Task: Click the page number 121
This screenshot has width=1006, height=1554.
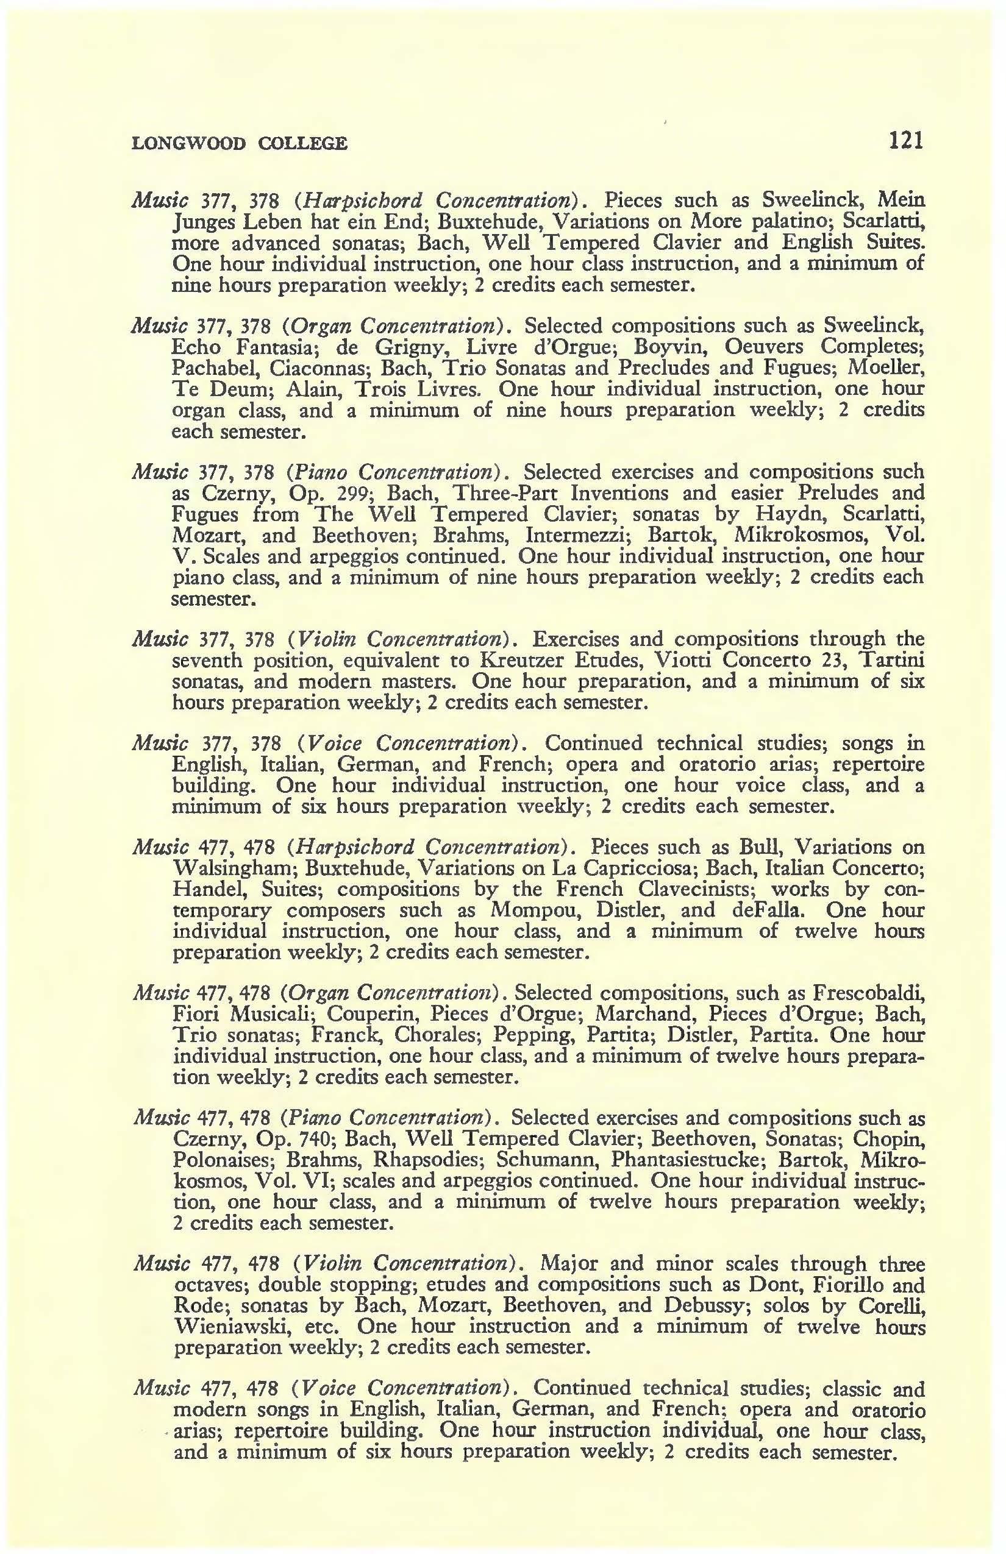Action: [905, 140]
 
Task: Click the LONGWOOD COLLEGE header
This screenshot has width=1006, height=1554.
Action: [239, 143]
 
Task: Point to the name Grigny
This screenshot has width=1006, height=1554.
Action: [392, 347]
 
